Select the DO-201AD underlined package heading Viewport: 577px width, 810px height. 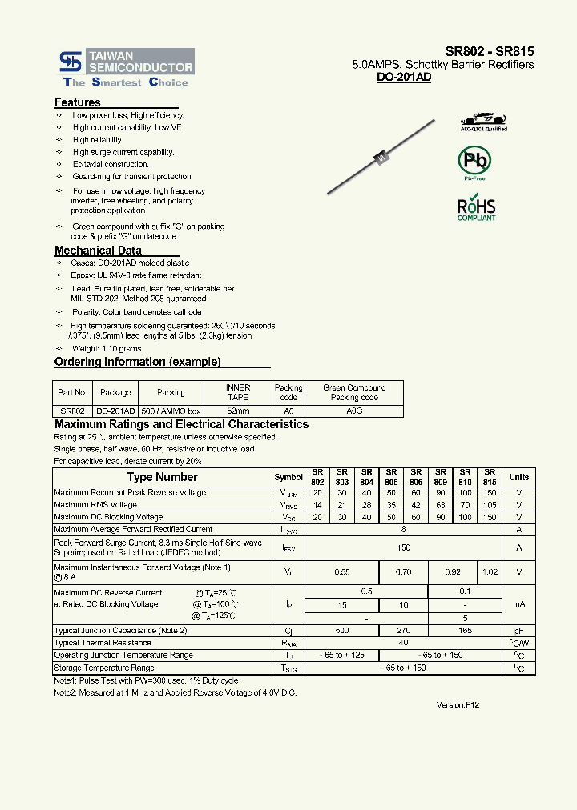(404, 78)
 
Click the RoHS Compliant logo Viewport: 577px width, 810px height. (476, 207)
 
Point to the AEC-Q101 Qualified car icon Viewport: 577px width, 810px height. (483, 119)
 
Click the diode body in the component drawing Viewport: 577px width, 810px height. (381, 158)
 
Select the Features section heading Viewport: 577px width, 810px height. (78, 102)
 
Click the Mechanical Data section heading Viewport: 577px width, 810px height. (98, 251)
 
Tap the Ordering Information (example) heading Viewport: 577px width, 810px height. (137, 362)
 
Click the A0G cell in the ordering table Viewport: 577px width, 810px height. (354, 410)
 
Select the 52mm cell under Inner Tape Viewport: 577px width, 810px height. (238, 410)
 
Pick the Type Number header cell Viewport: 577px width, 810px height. (162, 477)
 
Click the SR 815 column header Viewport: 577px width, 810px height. (490, 477)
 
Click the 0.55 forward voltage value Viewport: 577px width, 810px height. (342, 572)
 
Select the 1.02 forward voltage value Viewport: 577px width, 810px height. (490, 572)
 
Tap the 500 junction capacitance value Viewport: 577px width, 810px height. (342, 631)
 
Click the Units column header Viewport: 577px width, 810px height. (519, 477)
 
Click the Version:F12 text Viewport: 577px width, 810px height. (458, 704)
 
